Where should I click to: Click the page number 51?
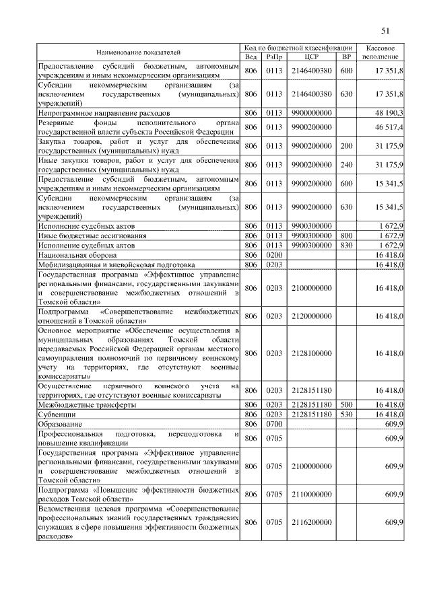tap(385, 30)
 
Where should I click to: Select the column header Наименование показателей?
tap(138, 52)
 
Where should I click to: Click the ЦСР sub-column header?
tap(311, 57)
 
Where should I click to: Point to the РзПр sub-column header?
tap(274, 57)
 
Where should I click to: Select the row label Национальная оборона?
tap(74, 256)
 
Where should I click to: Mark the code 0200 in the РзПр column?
tap(274, 256)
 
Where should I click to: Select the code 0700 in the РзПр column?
tap(274, 425)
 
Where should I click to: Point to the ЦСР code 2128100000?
tap(311, 353)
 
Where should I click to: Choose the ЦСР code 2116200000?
tap(311, 522)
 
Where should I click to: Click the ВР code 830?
tap(347, 246)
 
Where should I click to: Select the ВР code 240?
tap(347, 165)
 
